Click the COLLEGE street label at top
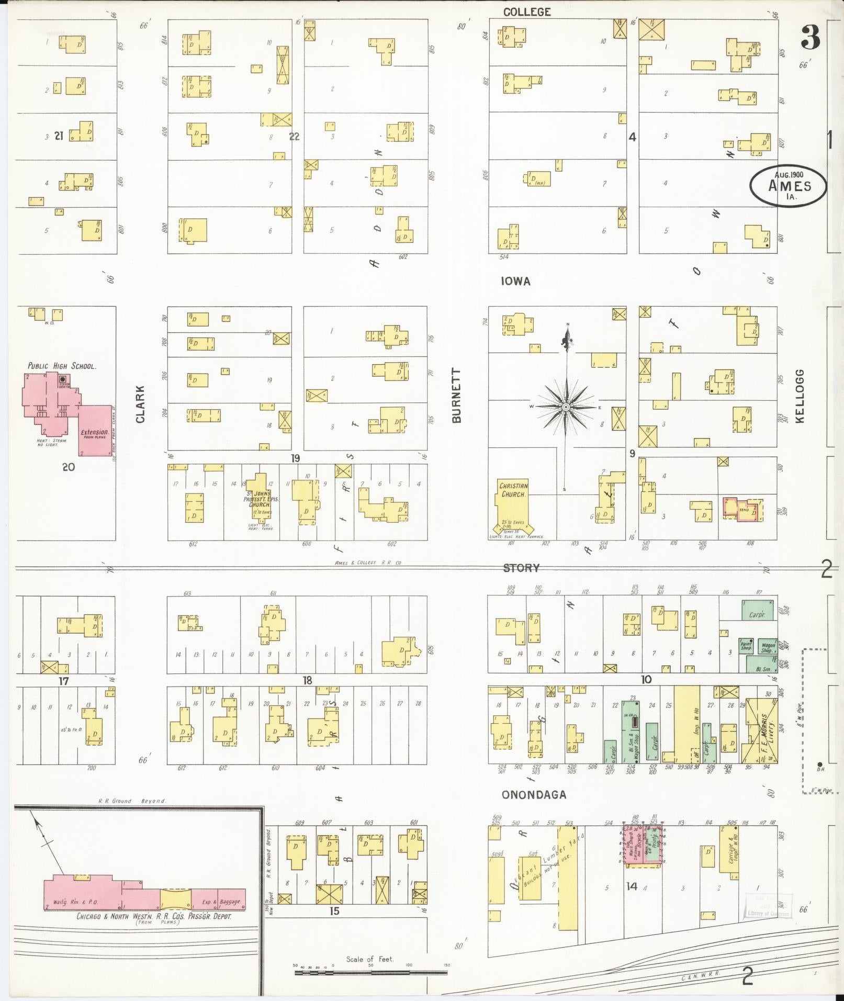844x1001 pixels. [x=526, y=12]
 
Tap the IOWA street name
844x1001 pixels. [x=515, y=281]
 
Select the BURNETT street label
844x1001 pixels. [x=456, y=396]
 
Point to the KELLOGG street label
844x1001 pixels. [x=801, y=396]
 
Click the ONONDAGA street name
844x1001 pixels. [x=534, y=795]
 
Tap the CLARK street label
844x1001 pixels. [x=140, y=404]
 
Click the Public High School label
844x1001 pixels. [x=62, y=366]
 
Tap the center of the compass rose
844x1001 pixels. [x=566, y=407]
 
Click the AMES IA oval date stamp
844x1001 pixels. [x=789, y=186]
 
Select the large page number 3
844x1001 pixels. [x=809, y=38]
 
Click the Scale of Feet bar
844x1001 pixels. [x=370, y=972]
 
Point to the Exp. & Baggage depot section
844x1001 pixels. [x=219, y=901]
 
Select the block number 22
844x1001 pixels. [x=295, y=136]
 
